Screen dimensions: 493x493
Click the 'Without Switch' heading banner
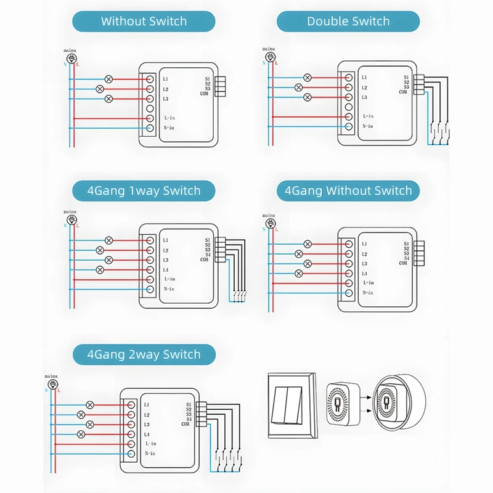coord(144,21)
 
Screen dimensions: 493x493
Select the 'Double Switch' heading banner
coord(348,21)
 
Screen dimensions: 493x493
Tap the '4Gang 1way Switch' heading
coord(144,190)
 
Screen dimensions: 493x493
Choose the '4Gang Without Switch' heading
coord(348,190)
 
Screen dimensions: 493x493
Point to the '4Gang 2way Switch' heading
coord(144,354)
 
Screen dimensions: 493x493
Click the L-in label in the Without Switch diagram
coord(170,117)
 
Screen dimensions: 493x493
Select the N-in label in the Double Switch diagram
coord(368,126)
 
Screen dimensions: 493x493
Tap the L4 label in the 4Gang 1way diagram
coord(166,270)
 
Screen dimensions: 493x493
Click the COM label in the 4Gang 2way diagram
coord(185,424)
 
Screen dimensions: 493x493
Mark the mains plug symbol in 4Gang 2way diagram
coord(51,384)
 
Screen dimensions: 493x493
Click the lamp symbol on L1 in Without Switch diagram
coord(109,79)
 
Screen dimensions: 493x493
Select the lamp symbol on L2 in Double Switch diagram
coord(299,88)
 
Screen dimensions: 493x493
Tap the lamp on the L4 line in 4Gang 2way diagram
coord(81,434)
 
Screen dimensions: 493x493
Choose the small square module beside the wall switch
coord(340,404)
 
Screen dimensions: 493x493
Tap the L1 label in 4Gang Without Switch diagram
coord(365,244)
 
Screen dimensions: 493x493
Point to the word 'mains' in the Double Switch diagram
coord(269,48)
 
